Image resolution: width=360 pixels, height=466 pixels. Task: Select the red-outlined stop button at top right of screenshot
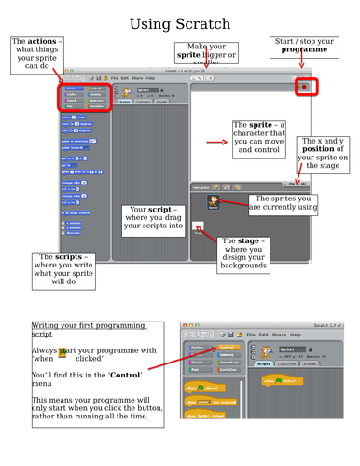(303, 87)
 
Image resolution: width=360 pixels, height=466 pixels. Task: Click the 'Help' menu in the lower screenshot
(297, 333)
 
